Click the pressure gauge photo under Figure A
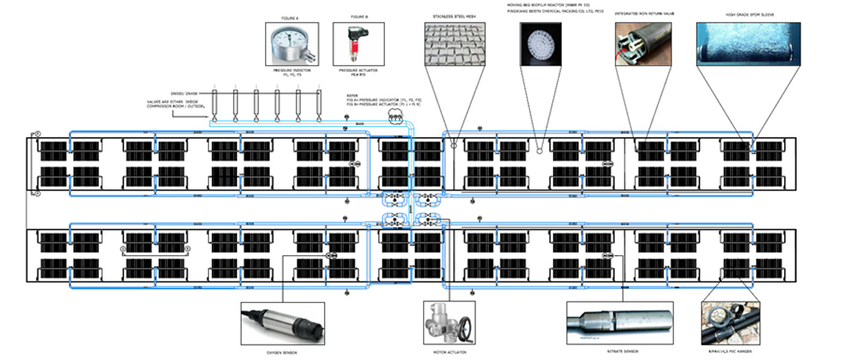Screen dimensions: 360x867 (293, 45)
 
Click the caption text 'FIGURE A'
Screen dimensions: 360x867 (292, 16)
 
